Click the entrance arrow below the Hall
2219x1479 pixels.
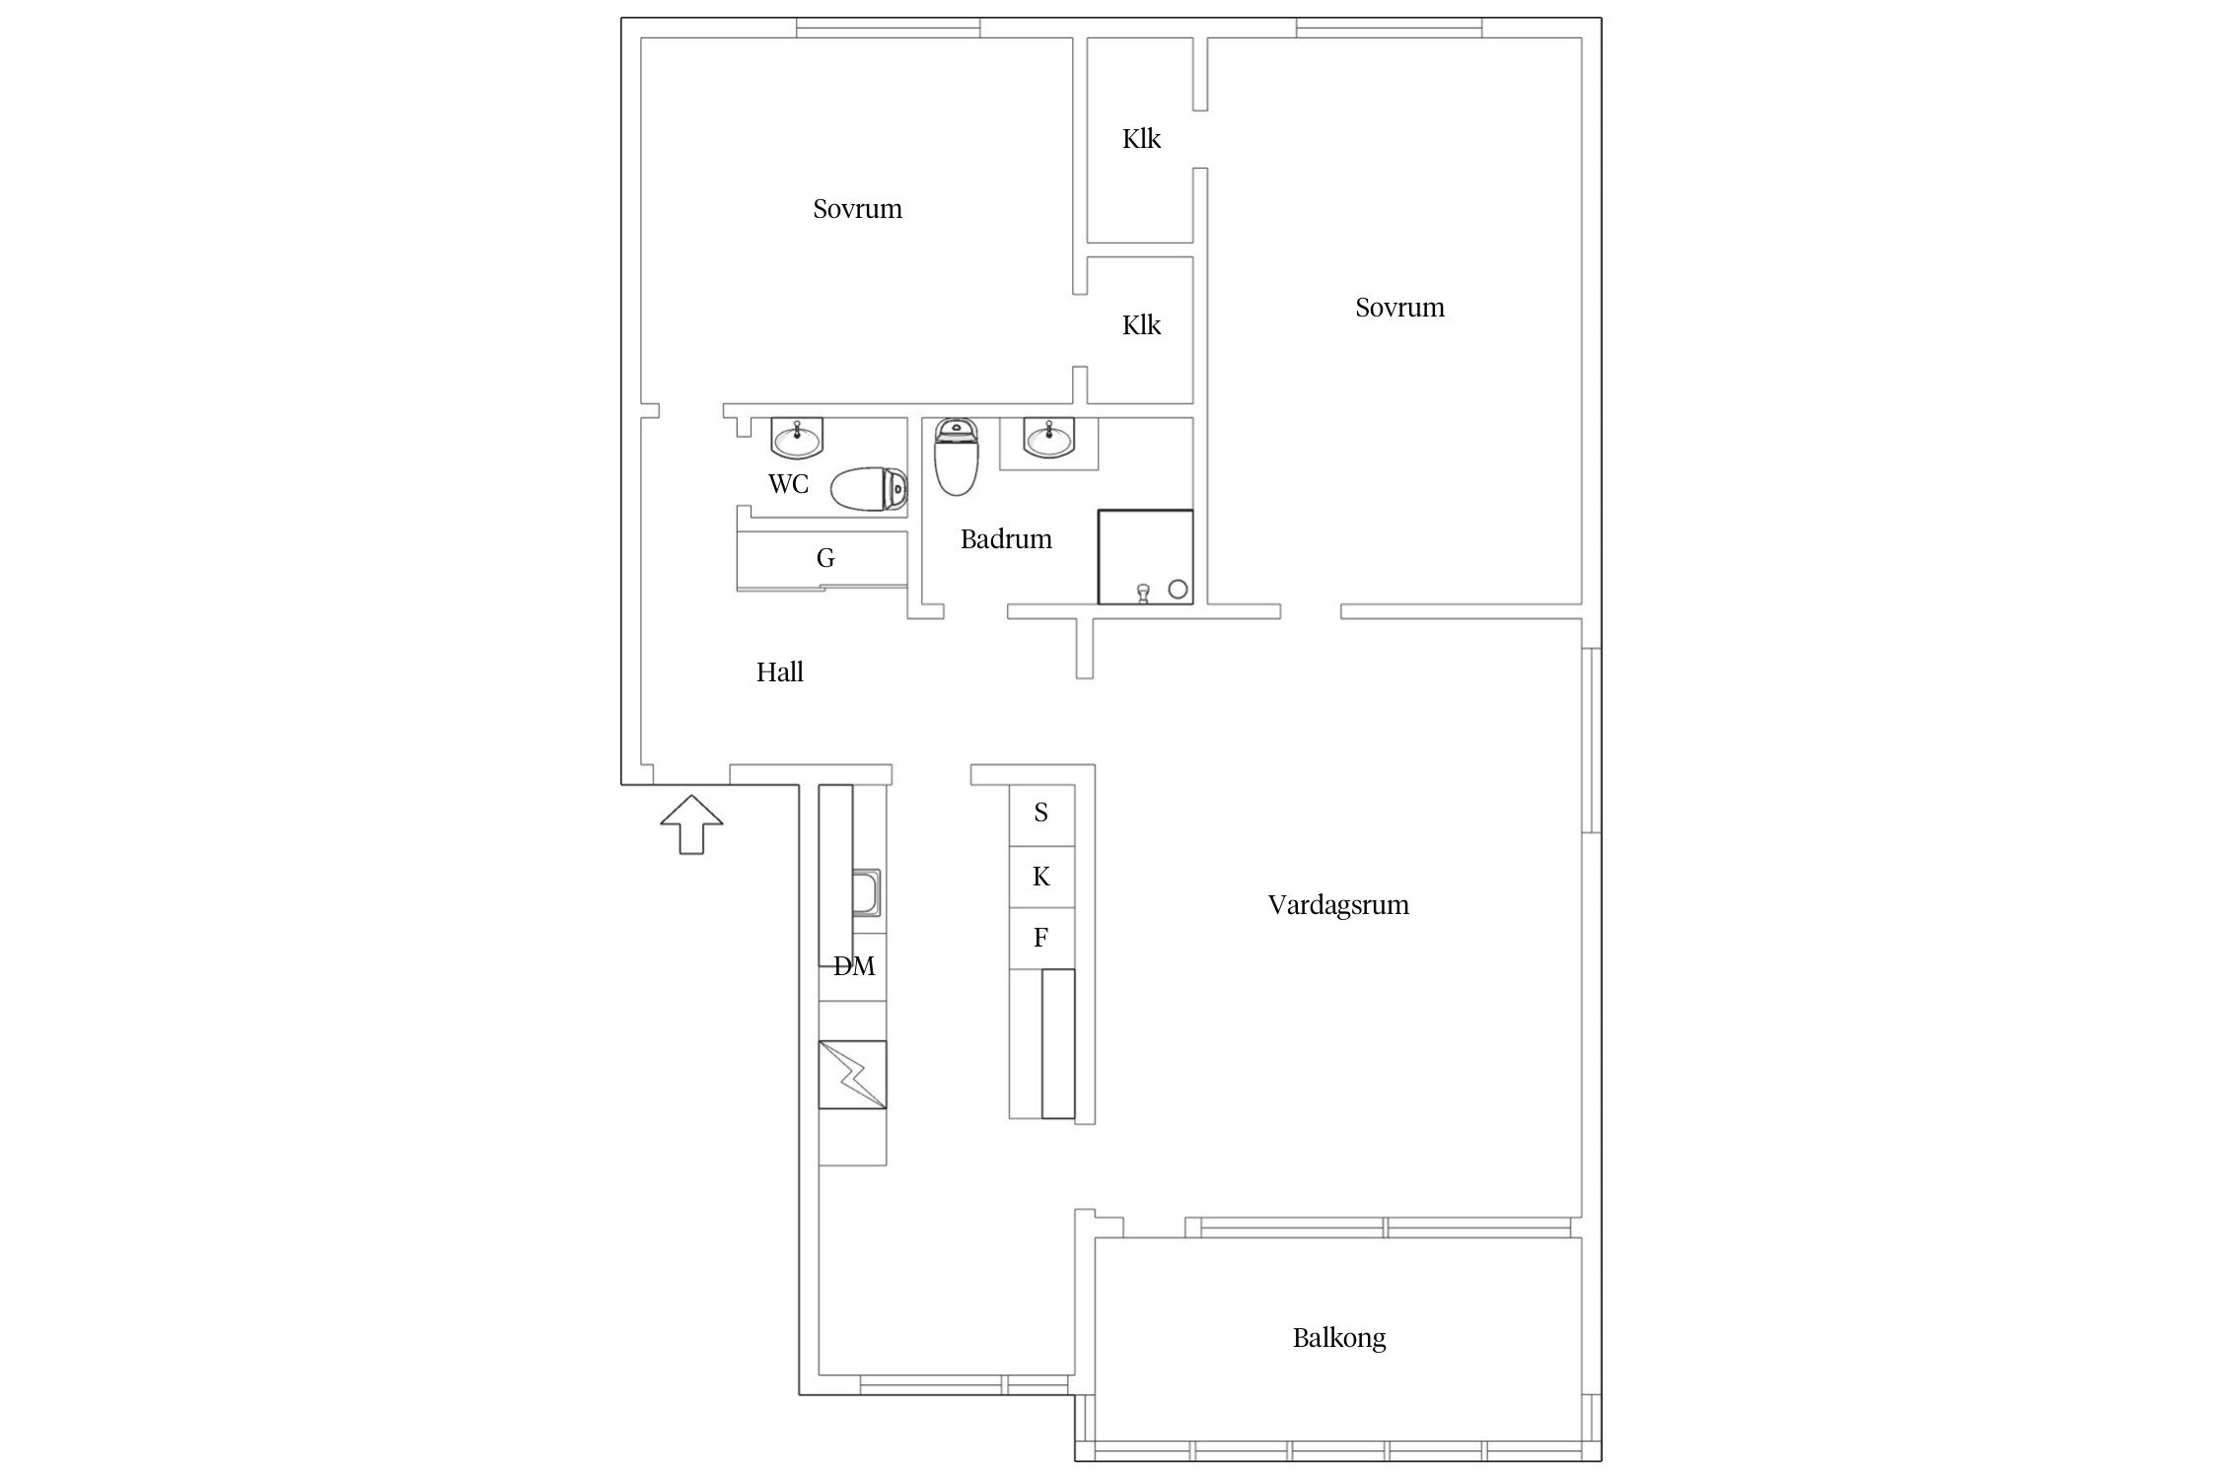pyautogui.click(x=691, y=824)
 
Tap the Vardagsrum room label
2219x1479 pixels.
pyautogui.click(x=1338, y=905)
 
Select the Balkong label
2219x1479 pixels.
pyautogui.click(x=1339, y=1338)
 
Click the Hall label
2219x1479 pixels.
pyautogui.click(x=779, y=672)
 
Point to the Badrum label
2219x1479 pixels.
pyautogui.click(x=1006, y=539)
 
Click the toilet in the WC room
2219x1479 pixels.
pyautogui.click(x=869, y=489)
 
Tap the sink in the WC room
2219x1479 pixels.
pyautogui.click(x=797, y=438)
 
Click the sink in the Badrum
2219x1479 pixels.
pyautogui.click(x=1049, y=438)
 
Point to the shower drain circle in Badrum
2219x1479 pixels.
pyautogui.click(x=1178, y=590)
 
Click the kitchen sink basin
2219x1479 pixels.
pyautogui.click(x=868, y=893)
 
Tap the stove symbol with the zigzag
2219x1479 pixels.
pyautogui.click(x=852, y=1075)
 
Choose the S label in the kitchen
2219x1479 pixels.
pyautogui.click(x=1040, y=813)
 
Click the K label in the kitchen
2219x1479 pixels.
pyautogui.click(x=1041, y=877)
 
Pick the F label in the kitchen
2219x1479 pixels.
pyautogui.click(x=1040, y=938)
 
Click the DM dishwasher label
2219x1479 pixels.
pyautogui.click(x=854, y=966)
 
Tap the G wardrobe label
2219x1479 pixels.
pyautogui.click(x=825, y=559)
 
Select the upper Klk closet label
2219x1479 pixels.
pyautogui.click(x=1141, y=139)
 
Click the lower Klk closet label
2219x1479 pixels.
pyautogui.click(x=1141, y=325)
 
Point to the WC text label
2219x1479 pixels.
pyautogui.click(x=788, y=484)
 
